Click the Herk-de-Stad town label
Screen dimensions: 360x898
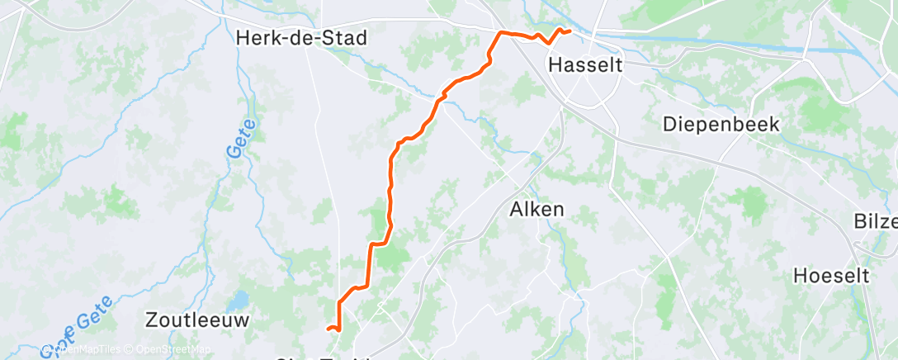(300, 38)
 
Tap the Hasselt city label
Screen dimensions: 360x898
(585, 64)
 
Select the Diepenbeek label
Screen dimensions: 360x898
(721, 124)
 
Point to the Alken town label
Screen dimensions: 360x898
(536, 209)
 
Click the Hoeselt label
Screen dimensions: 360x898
(831, 276)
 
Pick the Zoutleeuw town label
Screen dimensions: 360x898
(196, 319)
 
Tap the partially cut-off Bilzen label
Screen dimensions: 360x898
(877, 221)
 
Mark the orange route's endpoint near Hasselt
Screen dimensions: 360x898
(569, 31)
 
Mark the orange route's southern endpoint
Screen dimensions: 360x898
(328, 329)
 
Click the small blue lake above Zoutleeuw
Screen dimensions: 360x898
(240, 300)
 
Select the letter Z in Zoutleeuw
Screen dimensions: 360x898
(151, 319)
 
